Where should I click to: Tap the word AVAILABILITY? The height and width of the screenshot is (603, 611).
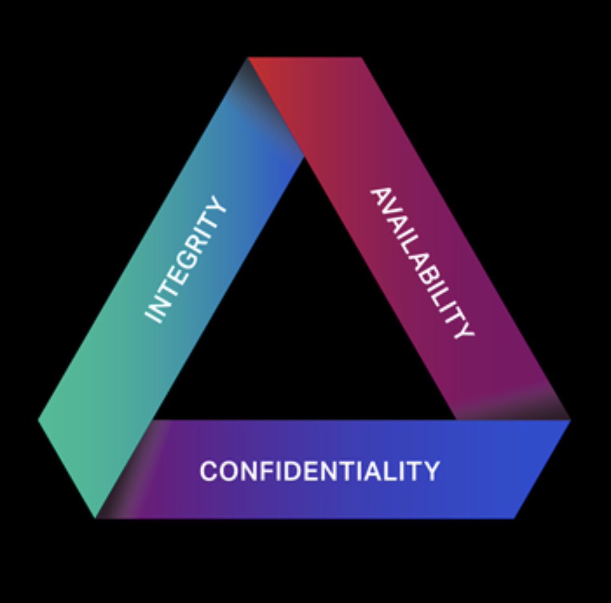pos(422,263)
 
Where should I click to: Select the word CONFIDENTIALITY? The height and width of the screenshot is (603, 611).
pos(319,471)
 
